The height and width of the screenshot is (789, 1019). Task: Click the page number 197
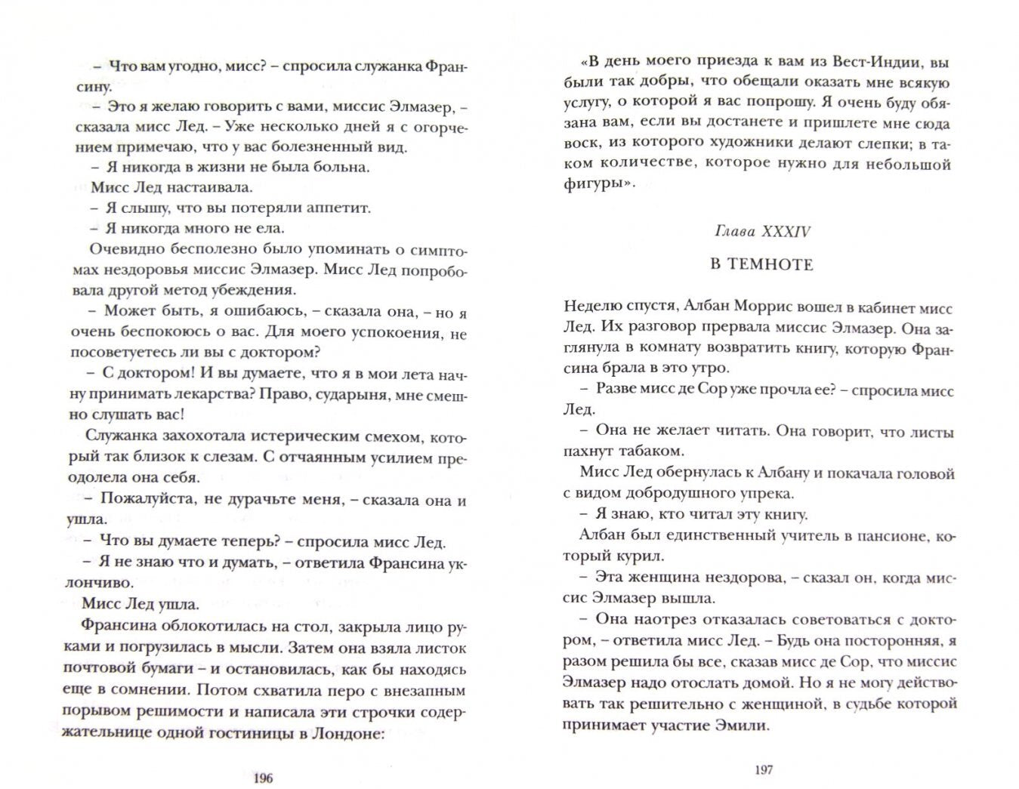click(x=764, y=770)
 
